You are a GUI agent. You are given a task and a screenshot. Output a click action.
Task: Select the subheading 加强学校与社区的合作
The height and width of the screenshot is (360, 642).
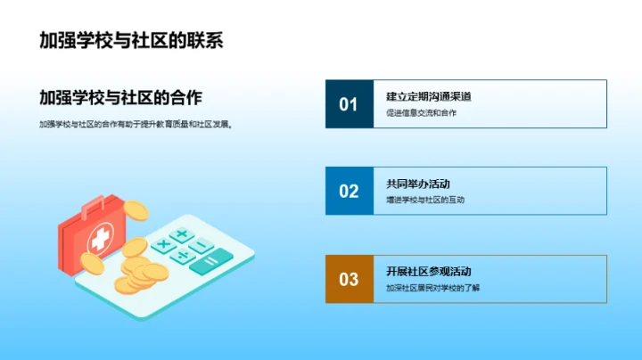click(127, 98)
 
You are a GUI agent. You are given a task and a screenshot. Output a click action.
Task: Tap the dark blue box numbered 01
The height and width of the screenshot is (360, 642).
click(349, 104)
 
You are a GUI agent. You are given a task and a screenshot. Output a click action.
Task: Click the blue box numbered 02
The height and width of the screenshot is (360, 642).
click(349, 191)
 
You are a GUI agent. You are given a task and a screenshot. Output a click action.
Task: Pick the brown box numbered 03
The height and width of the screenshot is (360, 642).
click(349, 279)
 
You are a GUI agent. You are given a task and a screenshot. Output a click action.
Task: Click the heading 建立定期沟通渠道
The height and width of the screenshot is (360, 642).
click(428, 96)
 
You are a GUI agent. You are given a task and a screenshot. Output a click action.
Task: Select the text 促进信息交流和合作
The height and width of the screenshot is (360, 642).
click(421, 112)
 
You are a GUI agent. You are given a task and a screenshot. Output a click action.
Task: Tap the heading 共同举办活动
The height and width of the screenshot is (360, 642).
click(418, 184)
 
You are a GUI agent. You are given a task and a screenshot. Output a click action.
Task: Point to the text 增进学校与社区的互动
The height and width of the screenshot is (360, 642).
click(425, 200)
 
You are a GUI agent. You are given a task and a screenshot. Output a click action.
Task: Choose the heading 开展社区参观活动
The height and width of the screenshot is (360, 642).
click(428, 271)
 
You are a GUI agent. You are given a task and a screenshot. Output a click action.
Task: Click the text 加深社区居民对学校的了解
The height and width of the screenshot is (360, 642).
click(432, 288)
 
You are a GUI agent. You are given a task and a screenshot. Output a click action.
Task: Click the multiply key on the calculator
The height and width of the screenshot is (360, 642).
click(163, 243)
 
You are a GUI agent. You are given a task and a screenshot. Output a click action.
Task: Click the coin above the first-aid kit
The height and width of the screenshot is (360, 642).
click(136, 210)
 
